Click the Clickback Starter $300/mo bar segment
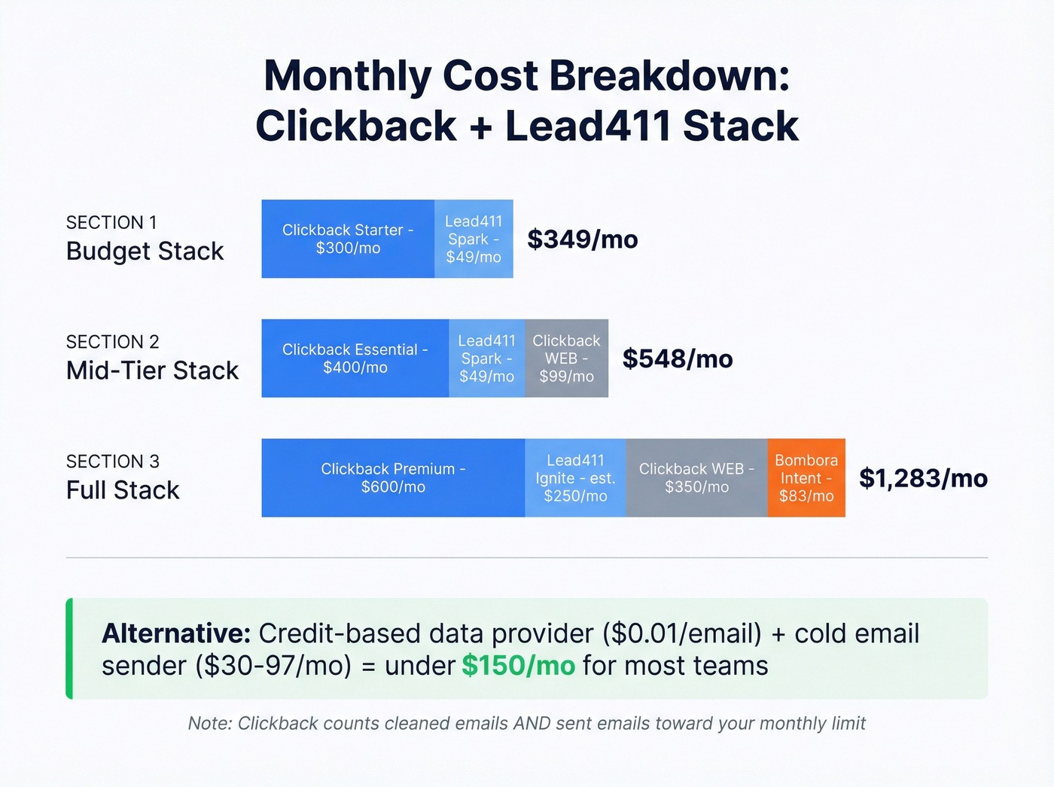[x=348, y=239]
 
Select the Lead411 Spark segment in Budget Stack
[x=474, y=239]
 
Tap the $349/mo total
[x=583, y=239]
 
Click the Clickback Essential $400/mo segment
[x=355, y=358]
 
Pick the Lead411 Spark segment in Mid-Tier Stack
[x=486, y=358]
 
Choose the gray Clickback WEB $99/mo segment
[x=566, y=358]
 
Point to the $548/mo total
[x=678, y=359]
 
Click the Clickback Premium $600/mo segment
[x=393, y=478]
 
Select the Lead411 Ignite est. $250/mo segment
[x=575, y=478]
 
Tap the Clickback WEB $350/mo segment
[x=696, y=478]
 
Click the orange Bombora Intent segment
[x=806, y=478]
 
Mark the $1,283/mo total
[x=923, y=478]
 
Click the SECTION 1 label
[x=111, y=223]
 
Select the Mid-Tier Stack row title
[x=152, y=371]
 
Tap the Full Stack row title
[x=123, y=490]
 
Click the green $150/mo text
[x=518, y=666]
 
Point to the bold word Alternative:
[x=176, y=633]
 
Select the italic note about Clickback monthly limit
[x=526, y=724]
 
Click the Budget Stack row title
[x=145, y=251]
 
